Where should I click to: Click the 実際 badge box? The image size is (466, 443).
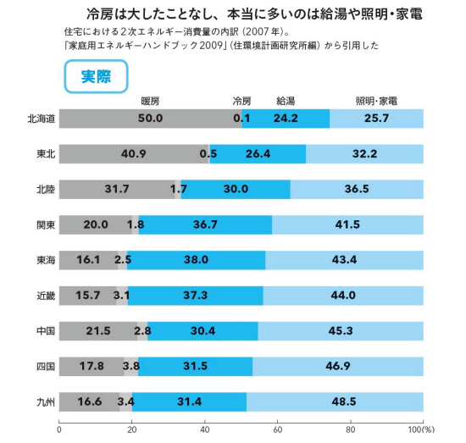[96, 76]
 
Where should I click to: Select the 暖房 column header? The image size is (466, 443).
[150, 102]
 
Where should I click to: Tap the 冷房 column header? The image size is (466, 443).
[241, 102]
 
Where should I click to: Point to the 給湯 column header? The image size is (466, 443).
[286, 102]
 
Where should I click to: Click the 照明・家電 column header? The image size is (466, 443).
[376, 102]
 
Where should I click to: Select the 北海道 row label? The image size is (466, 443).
[42, 119]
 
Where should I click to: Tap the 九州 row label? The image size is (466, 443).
[46, 402]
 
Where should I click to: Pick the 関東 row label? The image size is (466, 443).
[46, 225]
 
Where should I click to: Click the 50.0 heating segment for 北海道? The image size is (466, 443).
[150, 119]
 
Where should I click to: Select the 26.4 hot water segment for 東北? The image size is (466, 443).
[258, 154]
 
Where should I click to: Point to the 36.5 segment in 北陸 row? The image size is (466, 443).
[357, 189]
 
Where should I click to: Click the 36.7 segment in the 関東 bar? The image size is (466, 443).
[205, 224]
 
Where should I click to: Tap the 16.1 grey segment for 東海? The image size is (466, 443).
[89, 260]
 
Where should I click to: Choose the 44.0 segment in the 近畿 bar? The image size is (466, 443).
[343, 296]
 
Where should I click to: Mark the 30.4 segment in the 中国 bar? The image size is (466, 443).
[203, 331]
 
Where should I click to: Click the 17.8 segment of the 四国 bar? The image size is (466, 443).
[92, 367]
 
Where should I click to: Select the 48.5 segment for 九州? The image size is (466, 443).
[335, 401]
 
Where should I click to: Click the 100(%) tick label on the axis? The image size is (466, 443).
[421, 429]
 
